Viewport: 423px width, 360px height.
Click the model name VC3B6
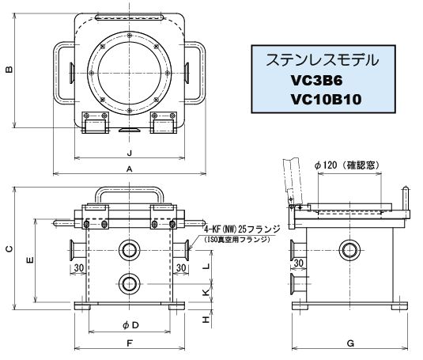(319, 81)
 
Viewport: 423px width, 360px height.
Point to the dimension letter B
(8, 70)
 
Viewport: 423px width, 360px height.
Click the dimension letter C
(8, 248)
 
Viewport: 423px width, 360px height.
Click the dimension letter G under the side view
(349, 343)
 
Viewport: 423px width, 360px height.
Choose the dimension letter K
(206, 292)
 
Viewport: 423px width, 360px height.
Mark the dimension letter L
(206, 266)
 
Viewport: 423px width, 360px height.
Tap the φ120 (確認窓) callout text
(347, 165)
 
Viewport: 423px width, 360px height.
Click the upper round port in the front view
(128, 251)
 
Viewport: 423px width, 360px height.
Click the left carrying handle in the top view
(62, 72)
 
